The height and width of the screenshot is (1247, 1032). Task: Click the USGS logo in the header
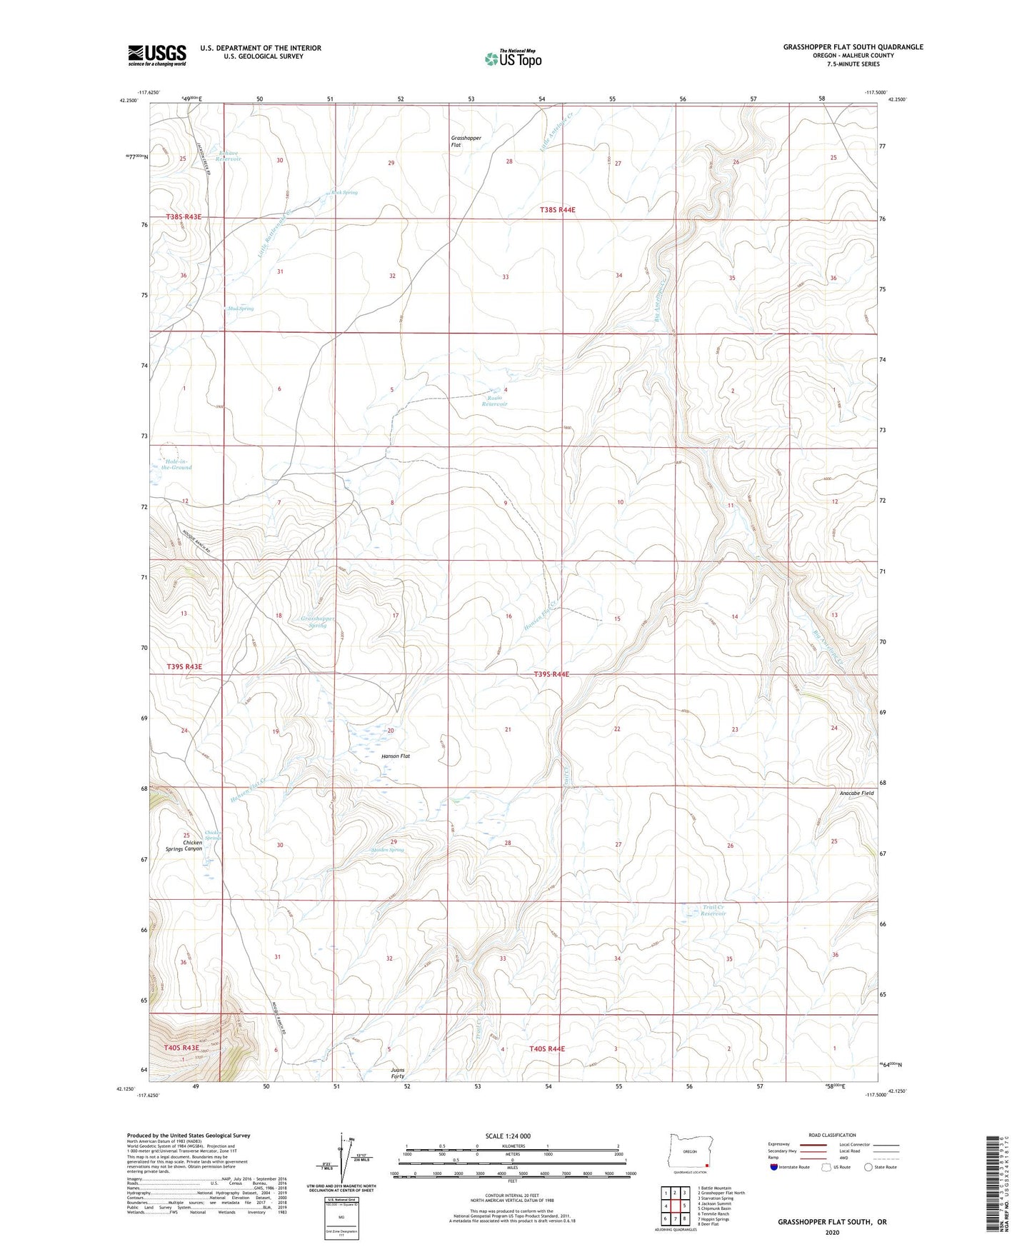pyautogui.click(x=157, y=55)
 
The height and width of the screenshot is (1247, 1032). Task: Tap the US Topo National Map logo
pyautogui.click(x=513, y=58)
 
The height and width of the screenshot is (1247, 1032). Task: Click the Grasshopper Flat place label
pyautogui.click(x=466, y=141)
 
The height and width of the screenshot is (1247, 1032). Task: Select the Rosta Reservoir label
pyautogui.click(x=494, y=401)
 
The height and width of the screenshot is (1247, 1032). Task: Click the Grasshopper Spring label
pyautogui.click(x=317, y=621)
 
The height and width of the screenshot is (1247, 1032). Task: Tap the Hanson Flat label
pyautogui.click(x=396, y=756)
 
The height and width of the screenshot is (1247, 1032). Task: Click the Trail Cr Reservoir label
pyautogui.click(x=713, y=911)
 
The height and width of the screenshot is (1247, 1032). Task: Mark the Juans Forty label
pyautogui.click(x=398, y=1073)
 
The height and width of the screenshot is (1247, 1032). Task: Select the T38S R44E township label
pyautogui.click(x=557, y=210)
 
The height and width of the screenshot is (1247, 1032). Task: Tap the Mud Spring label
pyautogui.click(x=240, y=309)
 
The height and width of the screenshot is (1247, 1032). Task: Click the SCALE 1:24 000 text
pyautogui.click(x=508, y=1136)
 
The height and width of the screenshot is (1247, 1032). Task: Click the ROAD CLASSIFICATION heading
pyautogui.click(x=832, y=1135)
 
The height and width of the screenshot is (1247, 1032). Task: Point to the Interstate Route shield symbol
pyautogui.click(x=774, y=1167)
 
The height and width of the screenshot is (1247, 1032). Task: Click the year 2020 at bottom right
pyautogui.click(x=832, y=1232)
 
